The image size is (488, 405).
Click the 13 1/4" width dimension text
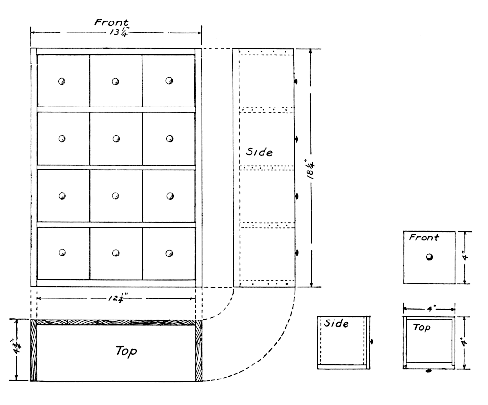pos(116,33)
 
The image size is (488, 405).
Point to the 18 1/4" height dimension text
pos(311,168)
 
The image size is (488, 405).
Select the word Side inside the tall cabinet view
pos(259,152)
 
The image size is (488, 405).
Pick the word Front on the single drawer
pos(424,238)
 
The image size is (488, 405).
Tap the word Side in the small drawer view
pos(337,324)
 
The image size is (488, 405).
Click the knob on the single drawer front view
pos(429,258)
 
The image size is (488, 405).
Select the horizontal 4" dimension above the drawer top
pos(428,308)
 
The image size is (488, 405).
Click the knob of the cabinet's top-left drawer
pos(62,81)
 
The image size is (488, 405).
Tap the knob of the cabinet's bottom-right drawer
pos(169,253)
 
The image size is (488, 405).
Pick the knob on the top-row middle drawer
pos(116,81)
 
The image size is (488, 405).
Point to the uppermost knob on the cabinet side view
pos(296,81)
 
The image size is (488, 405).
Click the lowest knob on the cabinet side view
pos(296,253)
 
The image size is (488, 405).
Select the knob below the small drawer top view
pos(428,371)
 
